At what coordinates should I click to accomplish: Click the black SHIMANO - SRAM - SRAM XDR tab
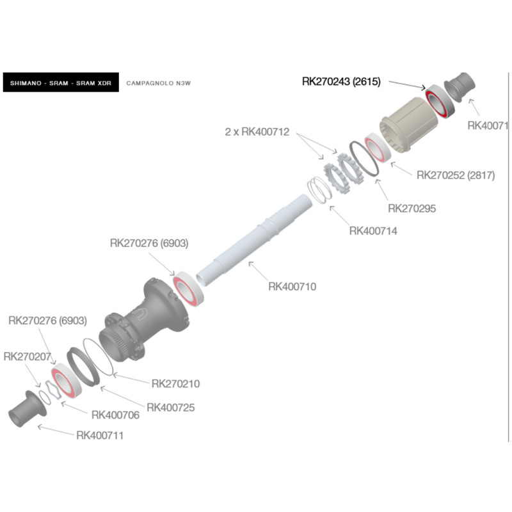point(61,83)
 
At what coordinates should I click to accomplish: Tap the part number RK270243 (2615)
point(341,81)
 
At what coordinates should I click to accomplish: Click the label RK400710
point(292,287)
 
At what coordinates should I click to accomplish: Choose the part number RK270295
point(412,208)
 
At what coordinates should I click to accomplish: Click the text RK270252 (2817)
point(456,175)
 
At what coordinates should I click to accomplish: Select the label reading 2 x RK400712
point(257,132)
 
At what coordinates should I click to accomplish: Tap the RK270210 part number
point(175,384)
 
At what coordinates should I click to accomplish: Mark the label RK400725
point(170,407)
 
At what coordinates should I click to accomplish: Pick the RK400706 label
point(115,415)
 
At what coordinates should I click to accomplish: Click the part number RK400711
point(100,436)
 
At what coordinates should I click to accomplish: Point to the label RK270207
point(27,356)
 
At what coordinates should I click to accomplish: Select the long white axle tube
point(256,237)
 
